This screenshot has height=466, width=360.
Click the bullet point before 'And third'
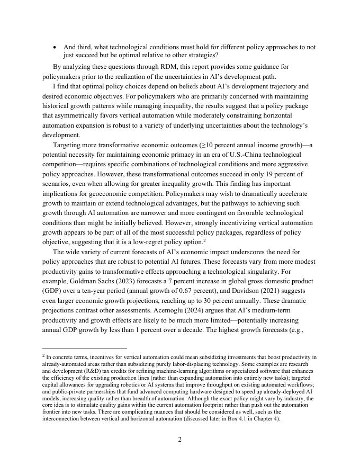click(x=55, y=47)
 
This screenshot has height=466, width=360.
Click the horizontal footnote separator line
click(x=85, y=348)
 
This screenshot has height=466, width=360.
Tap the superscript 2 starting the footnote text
click(x=43, y=356)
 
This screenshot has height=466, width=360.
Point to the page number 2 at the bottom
click(x=180, y=440)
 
